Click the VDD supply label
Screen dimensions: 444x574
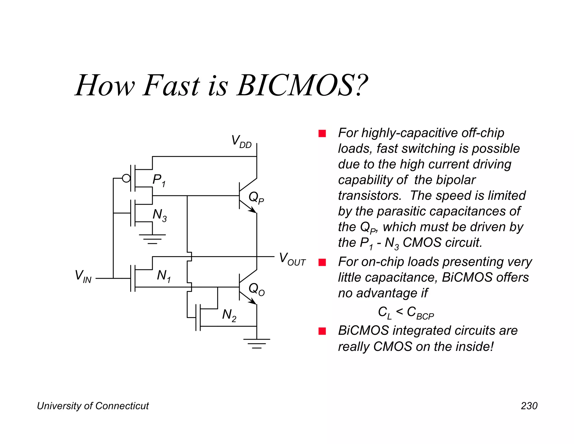(241, 141)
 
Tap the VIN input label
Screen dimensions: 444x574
(83, 276)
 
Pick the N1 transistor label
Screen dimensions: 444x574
(164, 276)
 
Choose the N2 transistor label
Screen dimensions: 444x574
(229, 315)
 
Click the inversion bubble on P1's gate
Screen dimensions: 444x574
(126, 178)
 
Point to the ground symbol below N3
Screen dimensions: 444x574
(152, 239)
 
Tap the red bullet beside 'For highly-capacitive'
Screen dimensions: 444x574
(322, 133)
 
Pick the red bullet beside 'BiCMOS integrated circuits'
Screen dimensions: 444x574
(322, 331)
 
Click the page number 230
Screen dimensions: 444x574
(529, 406)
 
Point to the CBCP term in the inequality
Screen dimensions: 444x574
(420, 313)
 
